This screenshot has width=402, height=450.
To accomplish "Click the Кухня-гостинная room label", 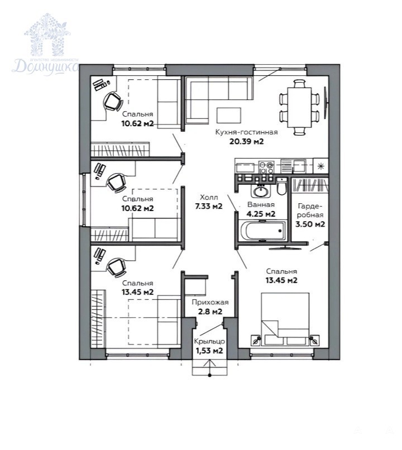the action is (246, 132).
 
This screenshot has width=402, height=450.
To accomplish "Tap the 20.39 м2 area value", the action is (246, 141).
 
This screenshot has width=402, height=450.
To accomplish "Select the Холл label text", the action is (209, 197).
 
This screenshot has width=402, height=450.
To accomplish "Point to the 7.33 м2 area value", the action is (209, 206).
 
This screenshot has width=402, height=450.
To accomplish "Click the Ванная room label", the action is (261, 205).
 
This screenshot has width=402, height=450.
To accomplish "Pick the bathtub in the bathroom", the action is (263, 231).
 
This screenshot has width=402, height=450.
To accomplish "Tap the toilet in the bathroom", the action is (281, 186).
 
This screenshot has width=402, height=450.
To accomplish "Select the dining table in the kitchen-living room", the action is (300, 108).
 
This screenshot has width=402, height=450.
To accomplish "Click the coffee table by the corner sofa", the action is (229, 115).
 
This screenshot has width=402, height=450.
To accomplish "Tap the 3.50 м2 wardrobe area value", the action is (310, 224).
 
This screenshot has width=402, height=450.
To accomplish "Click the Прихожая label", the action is (210, 302).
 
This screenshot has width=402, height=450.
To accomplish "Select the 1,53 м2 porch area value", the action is (209, 351).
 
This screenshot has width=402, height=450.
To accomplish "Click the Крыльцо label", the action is (209, 342).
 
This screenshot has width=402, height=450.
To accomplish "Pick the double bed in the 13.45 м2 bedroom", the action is (285, 319).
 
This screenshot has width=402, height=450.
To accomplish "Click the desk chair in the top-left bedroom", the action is (113, 101).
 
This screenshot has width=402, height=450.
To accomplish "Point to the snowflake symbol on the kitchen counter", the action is (322, 166).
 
